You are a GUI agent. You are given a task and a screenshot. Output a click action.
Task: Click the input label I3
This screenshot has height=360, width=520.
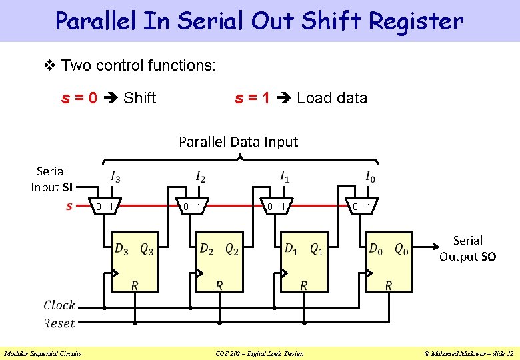(x=115, y=177)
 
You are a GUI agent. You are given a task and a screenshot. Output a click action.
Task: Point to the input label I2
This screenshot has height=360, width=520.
(x=200, y=177)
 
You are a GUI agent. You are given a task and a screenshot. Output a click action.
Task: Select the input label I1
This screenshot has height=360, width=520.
(x=285, y=177)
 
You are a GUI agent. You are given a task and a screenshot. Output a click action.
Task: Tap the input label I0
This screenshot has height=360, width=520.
(x=370, y=177)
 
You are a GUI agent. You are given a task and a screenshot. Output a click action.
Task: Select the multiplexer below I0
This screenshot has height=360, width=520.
(x=361, y=207)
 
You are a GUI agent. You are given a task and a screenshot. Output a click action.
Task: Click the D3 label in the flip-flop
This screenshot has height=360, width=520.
(x=121, y=249)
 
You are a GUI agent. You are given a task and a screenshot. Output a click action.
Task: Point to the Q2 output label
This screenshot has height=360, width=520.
(x=231, y=249)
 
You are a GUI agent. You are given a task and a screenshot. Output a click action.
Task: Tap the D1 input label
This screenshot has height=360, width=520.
(x=292, y=249)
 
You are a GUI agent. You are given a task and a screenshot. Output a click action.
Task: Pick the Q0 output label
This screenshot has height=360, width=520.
(x=401, y=249)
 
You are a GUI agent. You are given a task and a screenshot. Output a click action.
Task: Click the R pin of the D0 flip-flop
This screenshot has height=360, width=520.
(x=389, y=285)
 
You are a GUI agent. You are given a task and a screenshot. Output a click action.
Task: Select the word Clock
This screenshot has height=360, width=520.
(x=59, y=305)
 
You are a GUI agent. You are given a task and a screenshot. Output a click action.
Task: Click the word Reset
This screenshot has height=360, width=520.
(x=59, y=323)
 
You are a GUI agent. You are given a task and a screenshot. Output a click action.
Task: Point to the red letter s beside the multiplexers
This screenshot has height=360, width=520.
(x=69, y=206)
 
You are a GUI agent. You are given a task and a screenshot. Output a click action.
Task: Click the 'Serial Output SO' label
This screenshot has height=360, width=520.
(x=467, y=248)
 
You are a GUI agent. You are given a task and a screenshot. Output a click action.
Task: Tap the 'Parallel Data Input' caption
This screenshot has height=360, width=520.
(x=238, y=142)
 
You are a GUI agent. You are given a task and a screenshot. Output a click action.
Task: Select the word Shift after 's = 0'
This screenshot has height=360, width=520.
(x=140, y=99)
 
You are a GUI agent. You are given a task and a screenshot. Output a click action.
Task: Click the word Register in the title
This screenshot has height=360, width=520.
(x=416, y=21)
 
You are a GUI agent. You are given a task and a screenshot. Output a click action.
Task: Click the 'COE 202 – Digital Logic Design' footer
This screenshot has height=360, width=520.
(x=260, y=353)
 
